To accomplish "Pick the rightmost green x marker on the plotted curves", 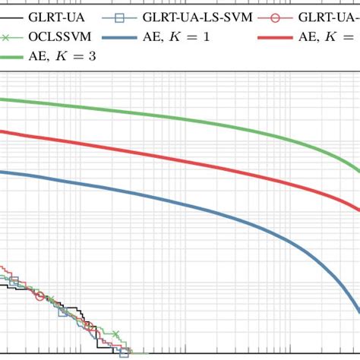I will (x=115, y=333).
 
